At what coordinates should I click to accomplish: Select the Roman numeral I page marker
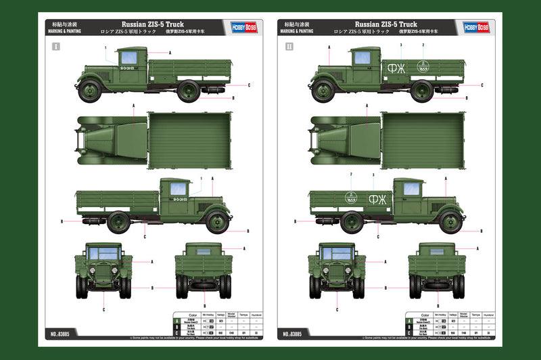click(56, 47)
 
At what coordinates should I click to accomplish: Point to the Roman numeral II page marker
click(289, 47)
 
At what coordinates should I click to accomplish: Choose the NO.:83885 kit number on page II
click(295, 334)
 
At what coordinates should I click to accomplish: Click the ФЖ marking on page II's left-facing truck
click(398, 68)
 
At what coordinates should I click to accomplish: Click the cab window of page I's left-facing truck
click(128, 58)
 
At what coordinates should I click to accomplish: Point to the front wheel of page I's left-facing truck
click(89, 91)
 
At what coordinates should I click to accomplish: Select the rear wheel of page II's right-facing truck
click(352, 221)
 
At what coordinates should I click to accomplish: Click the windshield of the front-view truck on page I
click(103, 252)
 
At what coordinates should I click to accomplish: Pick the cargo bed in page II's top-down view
click(423, 140)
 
